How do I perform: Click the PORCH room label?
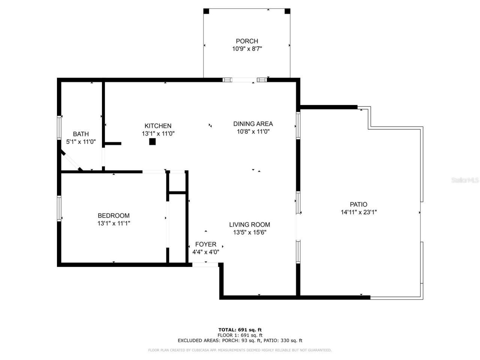247,41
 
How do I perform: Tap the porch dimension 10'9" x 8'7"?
247,48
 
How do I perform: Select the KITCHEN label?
158,126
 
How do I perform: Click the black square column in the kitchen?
152,141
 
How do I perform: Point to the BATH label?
81,134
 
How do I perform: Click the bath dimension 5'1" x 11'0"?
81,142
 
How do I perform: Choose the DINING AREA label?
253,124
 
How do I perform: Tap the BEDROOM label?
114,216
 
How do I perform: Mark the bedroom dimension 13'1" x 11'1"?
114,223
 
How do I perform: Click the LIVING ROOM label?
250,225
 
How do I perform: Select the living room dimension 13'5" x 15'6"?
250,232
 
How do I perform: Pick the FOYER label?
205,244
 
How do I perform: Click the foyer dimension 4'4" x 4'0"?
205,252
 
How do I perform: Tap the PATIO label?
358,204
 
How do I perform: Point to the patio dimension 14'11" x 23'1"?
358,212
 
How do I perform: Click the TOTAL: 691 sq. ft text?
240,330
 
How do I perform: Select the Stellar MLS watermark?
465,180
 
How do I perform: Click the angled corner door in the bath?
71,162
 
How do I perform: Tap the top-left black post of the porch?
206,11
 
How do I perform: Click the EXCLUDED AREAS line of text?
240,340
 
